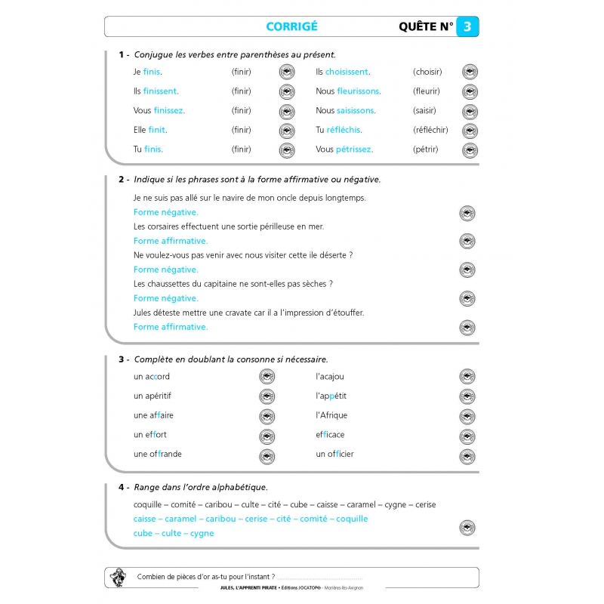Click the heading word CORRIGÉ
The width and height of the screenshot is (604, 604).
point(291,26)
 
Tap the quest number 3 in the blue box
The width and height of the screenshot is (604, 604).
point(467,27)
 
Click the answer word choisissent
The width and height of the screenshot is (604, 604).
point(347,72)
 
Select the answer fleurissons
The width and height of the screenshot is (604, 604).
point(359,91)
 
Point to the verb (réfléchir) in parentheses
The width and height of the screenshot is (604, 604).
point(430,130)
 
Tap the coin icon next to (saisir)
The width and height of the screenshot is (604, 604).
point(469,112)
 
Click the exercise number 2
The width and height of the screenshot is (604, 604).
point(122,180)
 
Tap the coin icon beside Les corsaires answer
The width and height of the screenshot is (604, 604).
point(467,242)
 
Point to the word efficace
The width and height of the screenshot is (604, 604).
point(330,435)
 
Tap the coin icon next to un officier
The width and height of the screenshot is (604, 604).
point(467,456)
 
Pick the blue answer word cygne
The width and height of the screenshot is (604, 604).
point(202,534)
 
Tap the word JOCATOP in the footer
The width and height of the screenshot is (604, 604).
point(299,587)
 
